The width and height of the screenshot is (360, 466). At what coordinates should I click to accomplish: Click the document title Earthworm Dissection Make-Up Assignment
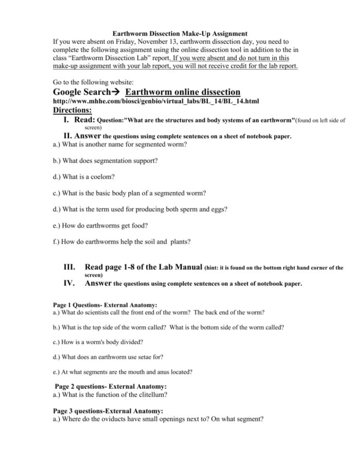[180, 34]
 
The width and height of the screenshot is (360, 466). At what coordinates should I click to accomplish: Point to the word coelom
[102, 177]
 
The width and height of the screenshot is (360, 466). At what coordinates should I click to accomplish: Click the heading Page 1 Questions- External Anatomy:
[104, 305]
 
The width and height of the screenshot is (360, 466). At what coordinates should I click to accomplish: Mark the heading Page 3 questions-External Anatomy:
[108, 411]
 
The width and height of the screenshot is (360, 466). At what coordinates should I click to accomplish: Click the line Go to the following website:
[90, 82]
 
